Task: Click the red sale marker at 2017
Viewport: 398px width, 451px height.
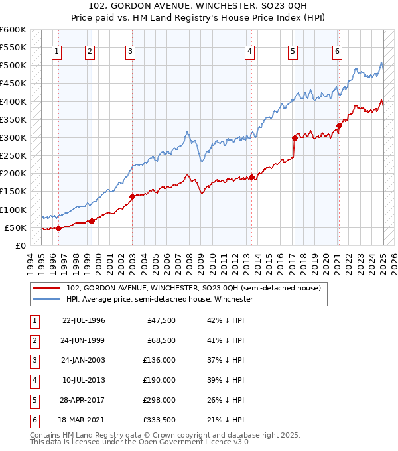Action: [295, 138]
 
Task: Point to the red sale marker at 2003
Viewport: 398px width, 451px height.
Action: [132, 196]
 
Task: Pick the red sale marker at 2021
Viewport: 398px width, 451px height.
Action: [339, 125]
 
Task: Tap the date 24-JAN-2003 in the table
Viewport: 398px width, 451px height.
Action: [83, 360]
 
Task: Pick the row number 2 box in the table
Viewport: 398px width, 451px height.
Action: [33, 340]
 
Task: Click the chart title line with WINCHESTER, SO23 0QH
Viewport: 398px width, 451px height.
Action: [199, 7]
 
